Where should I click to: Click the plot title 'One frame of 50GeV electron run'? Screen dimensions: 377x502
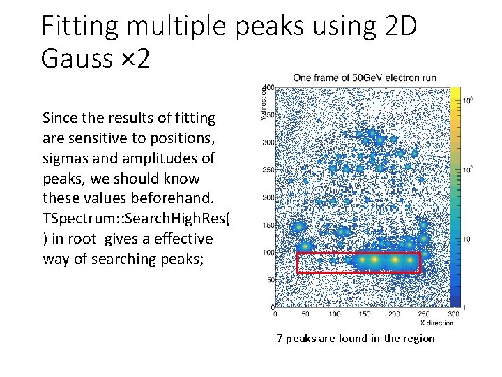(x=364, y=77)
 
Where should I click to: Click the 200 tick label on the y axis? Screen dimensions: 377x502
(x=267, y=198)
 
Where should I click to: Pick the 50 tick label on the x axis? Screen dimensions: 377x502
(x=305, y=314)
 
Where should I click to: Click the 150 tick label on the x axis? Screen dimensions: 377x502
(x=364, y=314)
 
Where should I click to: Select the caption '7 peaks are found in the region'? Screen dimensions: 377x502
(x=356, y=339)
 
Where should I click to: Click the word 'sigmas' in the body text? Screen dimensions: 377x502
(x=63, y=158)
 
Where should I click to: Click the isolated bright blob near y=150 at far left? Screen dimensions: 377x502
(x=298, y=227)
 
